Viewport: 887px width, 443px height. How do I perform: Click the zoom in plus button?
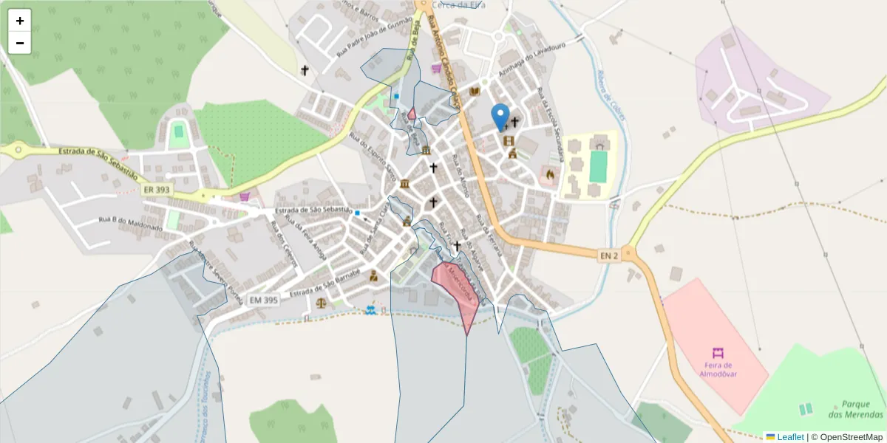(20, 21)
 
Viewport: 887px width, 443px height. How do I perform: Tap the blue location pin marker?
(501, 117)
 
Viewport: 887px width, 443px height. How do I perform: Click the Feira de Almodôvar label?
(716, 368)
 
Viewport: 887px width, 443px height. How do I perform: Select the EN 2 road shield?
(608, 255)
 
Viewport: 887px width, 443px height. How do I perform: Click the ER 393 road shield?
(157, 190)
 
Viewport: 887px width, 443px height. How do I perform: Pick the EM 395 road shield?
(264, 300)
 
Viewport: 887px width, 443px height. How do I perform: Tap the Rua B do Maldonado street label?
(130, 224)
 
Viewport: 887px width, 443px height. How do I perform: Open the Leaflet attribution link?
(789, 437)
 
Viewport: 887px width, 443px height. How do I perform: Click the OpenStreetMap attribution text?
(851, 437)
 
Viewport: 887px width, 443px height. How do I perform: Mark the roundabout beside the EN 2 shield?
(629, 253)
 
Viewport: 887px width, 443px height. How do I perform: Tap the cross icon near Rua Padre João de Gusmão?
(304, 70)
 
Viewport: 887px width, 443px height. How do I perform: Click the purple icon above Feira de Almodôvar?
(716, 352)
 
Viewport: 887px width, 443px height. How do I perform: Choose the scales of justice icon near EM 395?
(320, 302)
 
